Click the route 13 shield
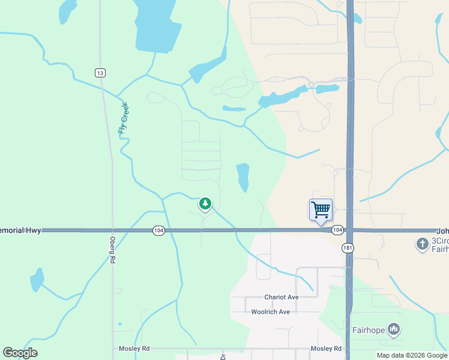click(x=100, y=73)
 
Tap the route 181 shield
click(x=348, y=248)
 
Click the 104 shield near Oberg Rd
click(x=158, y=230)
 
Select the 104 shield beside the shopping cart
click(x=337, y=230)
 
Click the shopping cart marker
click(x=321, y=211)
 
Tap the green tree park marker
click(x=205, y=204)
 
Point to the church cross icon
click(x=422, y=244)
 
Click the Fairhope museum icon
click(x=394, y=329)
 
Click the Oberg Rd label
click(x=112, y=253)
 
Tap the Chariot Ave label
click(x=281, y=297)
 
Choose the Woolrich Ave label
click(x=270, y=312)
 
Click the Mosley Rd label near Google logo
click(x=137, y=349)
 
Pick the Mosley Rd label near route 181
click(x=326, y=349)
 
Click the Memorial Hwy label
click(x=20, y=230)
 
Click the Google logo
click(x=20, y=353)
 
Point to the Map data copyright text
click(x=412, y=355)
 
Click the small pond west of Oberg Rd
click(x=37, y=280)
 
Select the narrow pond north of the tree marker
click(x=243, y=177)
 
